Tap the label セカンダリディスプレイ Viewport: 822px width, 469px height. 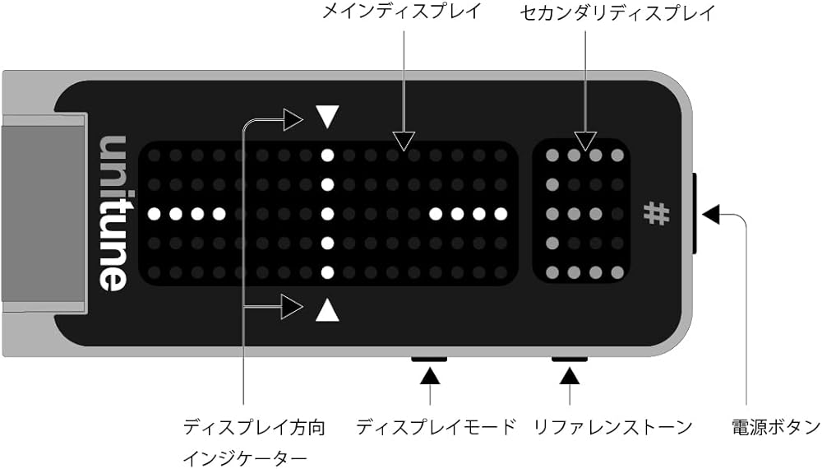(618, 12)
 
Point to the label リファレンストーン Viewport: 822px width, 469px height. (613, 427)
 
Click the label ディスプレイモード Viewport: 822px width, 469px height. (436, 427)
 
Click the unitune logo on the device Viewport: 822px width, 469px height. (113, 212)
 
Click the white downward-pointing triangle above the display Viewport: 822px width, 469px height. (327, 117)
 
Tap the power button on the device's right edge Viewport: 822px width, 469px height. (695, 213)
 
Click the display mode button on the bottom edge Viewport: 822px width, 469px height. (428, 359)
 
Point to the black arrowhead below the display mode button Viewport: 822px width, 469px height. (430, 377)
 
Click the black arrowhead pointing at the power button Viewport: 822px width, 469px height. (712, 214)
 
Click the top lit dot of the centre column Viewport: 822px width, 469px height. (327, 154)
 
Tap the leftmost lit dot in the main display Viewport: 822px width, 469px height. (155, 214)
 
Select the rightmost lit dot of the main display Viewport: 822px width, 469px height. (499, 214)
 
